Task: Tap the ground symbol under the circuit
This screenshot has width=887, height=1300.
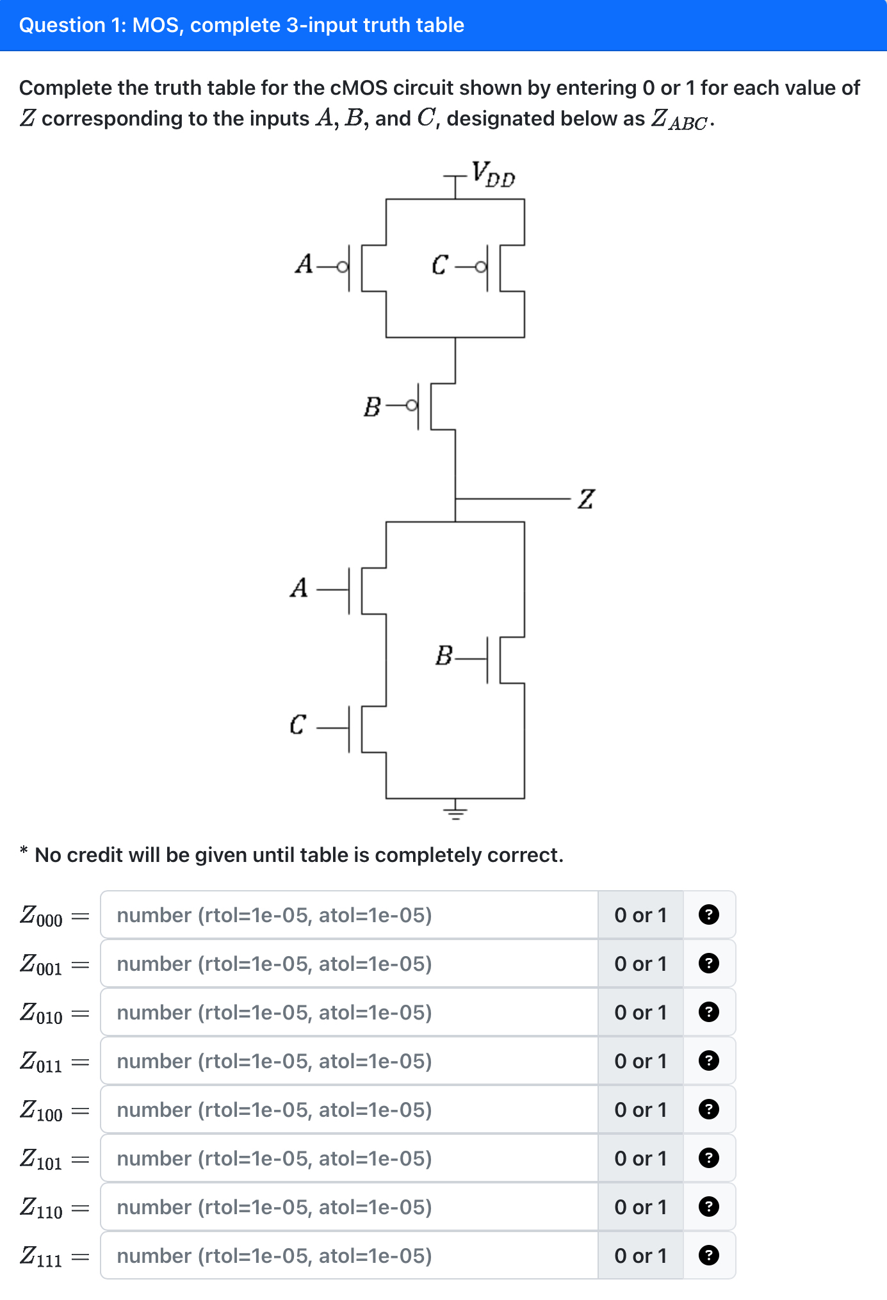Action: click(x=455, y=813)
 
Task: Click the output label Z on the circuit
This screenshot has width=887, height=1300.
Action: click(x=586, y=499)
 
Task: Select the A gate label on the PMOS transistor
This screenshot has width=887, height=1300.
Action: click(x=304, y=264)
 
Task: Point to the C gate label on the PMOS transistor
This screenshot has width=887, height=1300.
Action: click(x=439, y=264)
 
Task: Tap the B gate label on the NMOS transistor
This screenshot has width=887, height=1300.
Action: click(x=443, y=656)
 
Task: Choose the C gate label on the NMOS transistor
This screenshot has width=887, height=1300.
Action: click(x=297, y=725)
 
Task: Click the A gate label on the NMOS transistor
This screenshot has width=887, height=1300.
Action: click(x=299, y=587)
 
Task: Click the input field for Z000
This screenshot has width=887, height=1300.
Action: click(x=349, y=915)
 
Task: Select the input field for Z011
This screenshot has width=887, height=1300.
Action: click(x=349, y=1061)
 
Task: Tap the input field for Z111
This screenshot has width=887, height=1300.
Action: click(x=349, y=1256)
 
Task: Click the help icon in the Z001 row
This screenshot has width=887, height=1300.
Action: click(x=708, y=964)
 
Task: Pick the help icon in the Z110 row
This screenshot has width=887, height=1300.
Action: click(x=708, y=1207)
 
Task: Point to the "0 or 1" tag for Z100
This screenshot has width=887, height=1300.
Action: click(x=640, y=1110)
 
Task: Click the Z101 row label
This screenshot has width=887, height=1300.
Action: click(x=41, y=1159)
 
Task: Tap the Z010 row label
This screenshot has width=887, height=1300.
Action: click(x=41, y=1013)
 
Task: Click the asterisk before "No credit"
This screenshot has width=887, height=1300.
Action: click(x=24, y=851)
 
